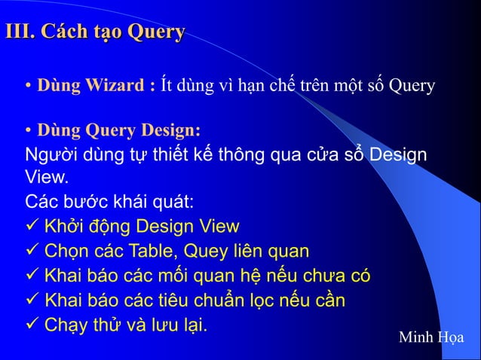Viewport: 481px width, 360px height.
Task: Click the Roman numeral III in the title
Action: pyautogui.click(x=18, y=32)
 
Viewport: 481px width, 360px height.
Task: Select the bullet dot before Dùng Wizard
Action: pyautogui.click(x=28, y=86)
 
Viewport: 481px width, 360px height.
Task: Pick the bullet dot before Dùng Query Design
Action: pyautogui.click(x=28, y=130)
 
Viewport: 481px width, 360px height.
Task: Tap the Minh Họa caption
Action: pyautogui.click(x=431, y=337)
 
